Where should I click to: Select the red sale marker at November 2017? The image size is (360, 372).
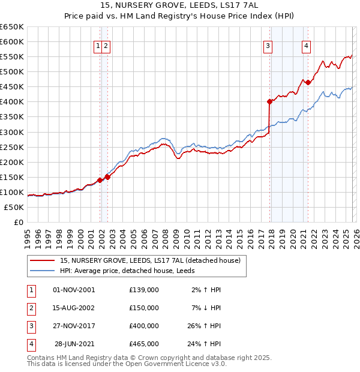[270, 101]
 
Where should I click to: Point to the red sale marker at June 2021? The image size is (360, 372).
[308, 82]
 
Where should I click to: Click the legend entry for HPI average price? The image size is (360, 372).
[137, 271]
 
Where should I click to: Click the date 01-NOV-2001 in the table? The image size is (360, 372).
[74, 290]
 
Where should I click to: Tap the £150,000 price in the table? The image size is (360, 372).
[144, 308]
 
